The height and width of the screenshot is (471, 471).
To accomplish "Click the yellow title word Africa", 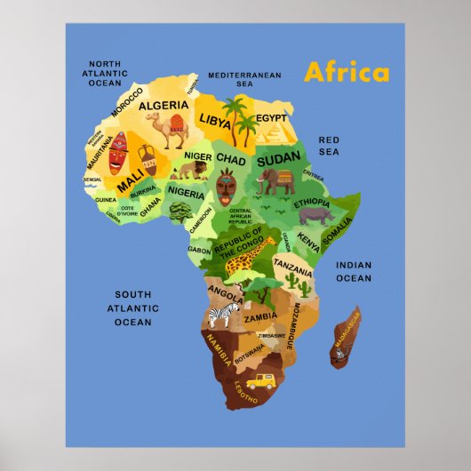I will pos(346,72).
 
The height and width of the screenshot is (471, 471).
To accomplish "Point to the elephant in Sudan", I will pos(276,182).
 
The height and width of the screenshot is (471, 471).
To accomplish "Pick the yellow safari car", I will pos(259,381).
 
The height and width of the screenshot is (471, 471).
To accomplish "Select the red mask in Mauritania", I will pos(117,153).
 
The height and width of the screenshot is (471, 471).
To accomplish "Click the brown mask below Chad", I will pos(226,188).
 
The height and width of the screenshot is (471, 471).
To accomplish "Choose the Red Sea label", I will pos(329,146).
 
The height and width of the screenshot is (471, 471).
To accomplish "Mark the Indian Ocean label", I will pos(353,271).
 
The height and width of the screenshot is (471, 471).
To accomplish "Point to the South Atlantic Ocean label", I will pos(132,307).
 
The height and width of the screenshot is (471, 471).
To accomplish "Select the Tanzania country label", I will pos(292,263).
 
